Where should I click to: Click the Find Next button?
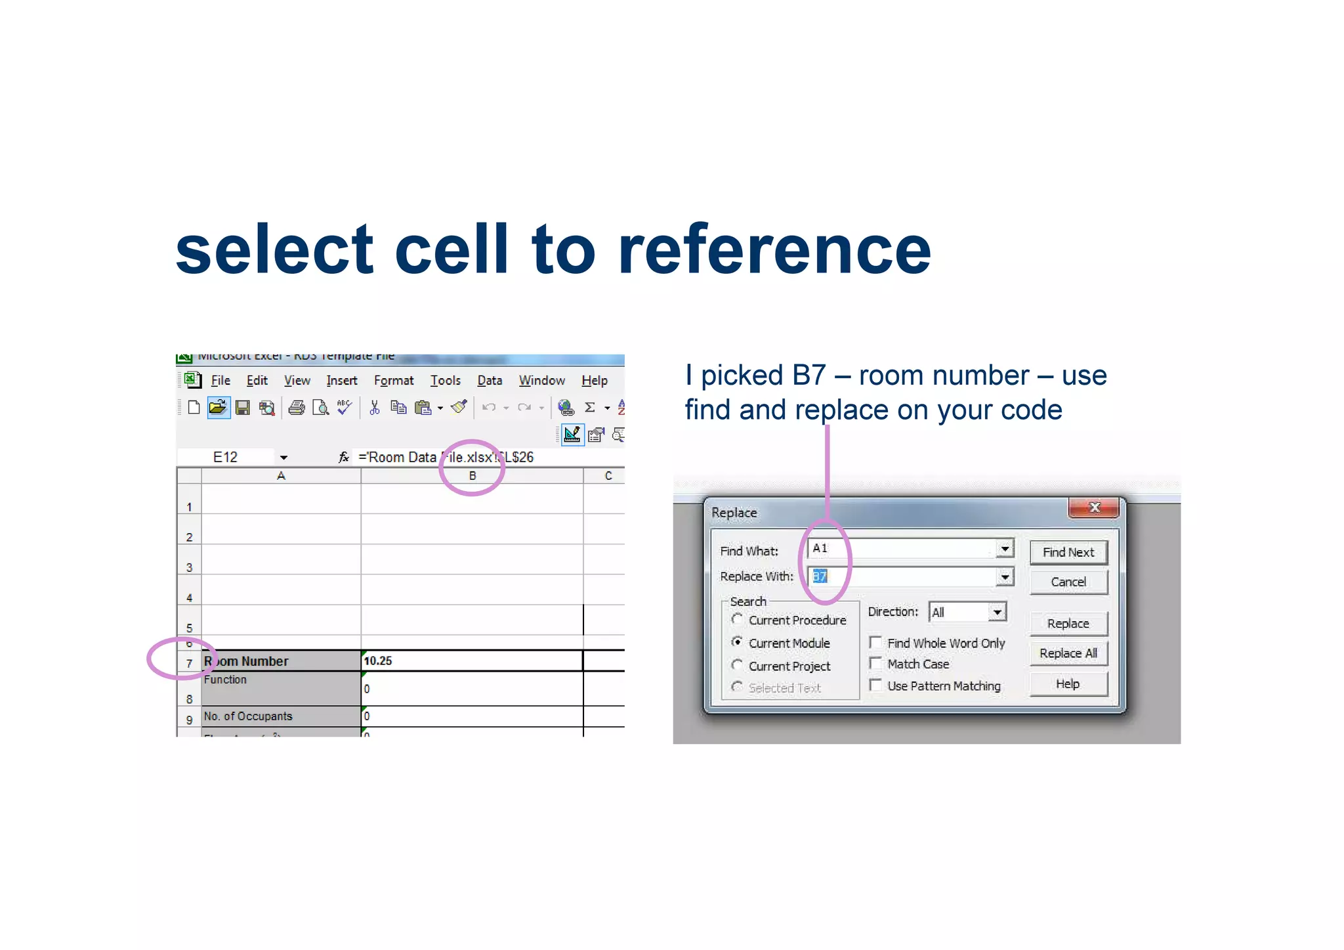pos(1068,552)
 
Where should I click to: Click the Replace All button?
pos(1068,653)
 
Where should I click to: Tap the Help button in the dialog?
pos(1068,684)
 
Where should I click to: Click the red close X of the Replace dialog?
pos(1093,507)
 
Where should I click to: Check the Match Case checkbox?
pos(875,663)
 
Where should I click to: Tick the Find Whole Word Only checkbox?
pos(875,642)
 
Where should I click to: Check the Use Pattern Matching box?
pos(875,685)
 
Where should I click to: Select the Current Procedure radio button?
pos(738,620)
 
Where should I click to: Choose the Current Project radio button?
pos(738,665)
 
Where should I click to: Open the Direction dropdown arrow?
pos(997,612)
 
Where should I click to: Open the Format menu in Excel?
pos(394,381)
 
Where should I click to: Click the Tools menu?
pos(445,381)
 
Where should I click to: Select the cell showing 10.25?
pos(471,661)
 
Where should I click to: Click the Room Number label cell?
pos(281,661)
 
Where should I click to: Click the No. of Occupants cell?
pos(281,716)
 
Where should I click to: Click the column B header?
pos(472,476)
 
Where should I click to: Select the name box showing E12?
pos(226,458)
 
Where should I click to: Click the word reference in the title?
pos(774,251)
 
